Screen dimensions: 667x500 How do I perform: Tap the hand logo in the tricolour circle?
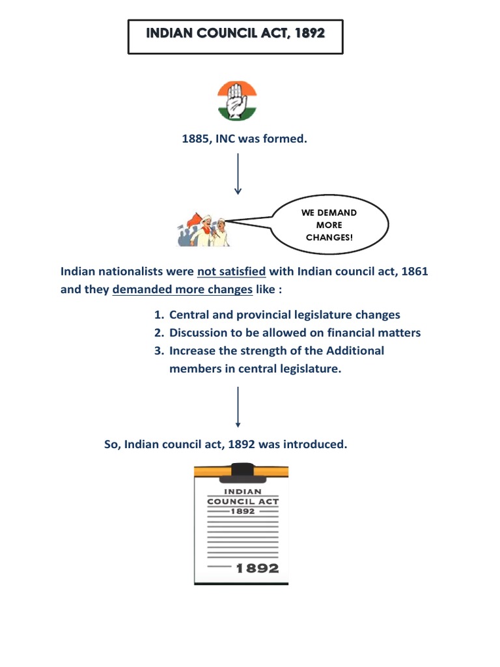[x=237, y=100]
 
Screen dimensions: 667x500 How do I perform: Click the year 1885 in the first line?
[x=193, y=139]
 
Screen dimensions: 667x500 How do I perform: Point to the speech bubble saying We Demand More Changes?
[x=329, y=225]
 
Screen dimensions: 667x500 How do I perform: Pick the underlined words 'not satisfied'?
[x=231, y=271]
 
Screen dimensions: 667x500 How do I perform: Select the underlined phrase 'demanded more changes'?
[x=182, y=289]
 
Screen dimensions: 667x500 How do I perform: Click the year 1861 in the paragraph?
[x=414, y=271]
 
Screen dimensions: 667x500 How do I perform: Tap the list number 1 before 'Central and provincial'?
[x=158, y=315]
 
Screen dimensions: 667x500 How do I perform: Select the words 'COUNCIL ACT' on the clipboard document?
[x=242, y=501]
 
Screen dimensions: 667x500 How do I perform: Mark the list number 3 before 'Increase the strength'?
[x=158, y=350]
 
